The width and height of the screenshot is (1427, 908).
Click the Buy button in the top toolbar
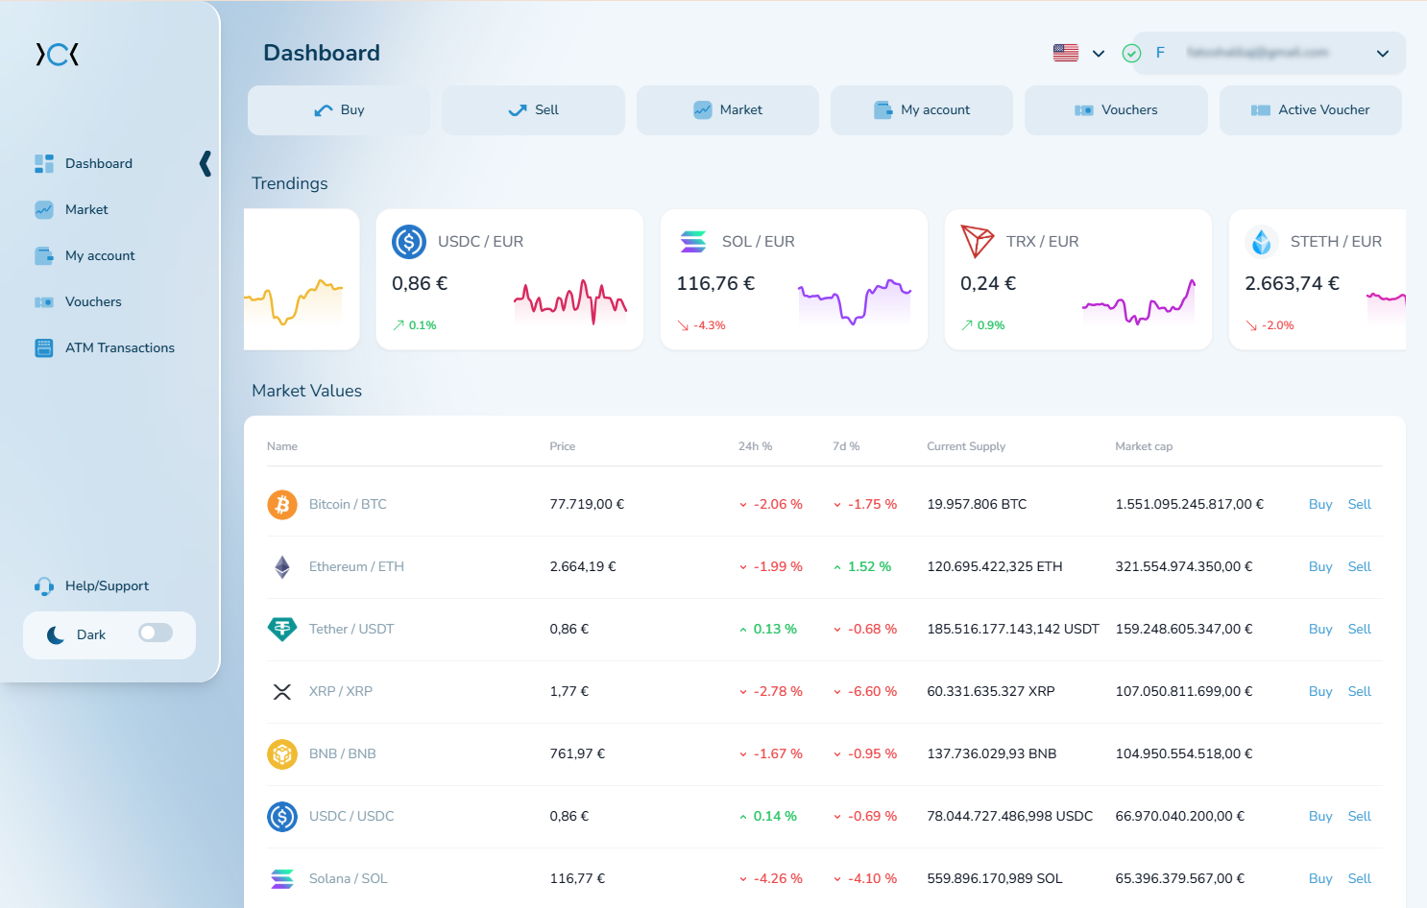click(x=339, y=110)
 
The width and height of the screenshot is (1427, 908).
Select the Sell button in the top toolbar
click(x=533, y=110)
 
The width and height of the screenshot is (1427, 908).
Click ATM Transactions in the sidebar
click(x=119, y=347)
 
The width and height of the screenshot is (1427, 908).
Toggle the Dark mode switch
click(x=156, y=633)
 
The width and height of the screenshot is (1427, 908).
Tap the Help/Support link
click(x=107, y=585)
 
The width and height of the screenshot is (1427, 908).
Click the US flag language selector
click(x=1066, y=53)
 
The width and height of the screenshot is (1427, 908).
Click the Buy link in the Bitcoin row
click(x=1320, y=504)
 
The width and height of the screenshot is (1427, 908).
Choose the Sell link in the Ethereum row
click(x=1359, y=566)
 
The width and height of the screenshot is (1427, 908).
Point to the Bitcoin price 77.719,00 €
click(x=587, y=504)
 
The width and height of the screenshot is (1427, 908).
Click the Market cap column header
click(x=1144, y=446)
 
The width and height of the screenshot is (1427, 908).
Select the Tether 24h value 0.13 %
click(x=774, y=629)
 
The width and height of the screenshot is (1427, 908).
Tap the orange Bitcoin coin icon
click(x=282, y=504)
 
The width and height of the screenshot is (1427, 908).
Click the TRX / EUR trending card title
click(x=1042, y=242)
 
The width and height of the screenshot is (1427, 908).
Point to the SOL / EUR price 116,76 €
click(x=715, y=283)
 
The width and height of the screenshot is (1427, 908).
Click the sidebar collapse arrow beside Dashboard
click(x=205, y=163)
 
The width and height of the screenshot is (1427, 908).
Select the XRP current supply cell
click(x=990, y=691)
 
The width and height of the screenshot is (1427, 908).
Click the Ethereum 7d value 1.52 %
click(x=868, y=566)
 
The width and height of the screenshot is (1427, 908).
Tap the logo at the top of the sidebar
click(x=58, y=55)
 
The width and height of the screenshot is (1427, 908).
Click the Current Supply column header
click(x=965, y=446)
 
